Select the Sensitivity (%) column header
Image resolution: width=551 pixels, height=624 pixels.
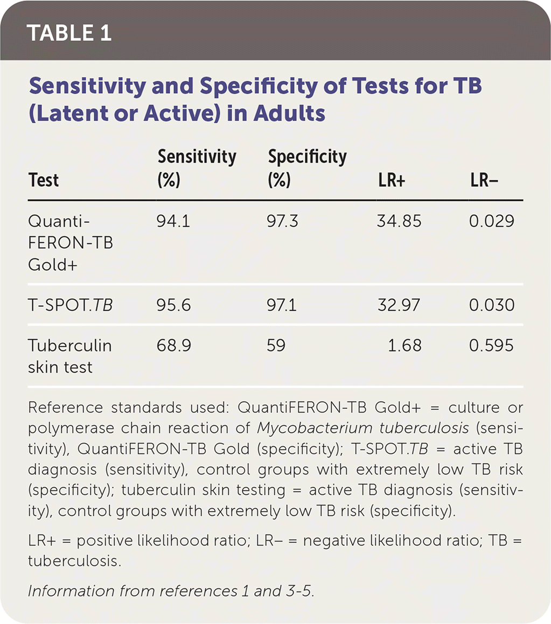point(197,169)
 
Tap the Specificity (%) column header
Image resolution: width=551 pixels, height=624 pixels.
point(307,169)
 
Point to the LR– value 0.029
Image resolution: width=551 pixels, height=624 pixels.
point(492,221)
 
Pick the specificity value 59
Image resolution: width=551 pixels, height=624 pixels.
point(277,345)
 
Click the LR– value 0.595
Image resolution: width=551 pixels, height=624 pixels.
point(492,345)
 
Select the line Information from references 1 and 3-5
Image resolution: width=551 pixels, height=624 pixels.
point(170,591)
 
